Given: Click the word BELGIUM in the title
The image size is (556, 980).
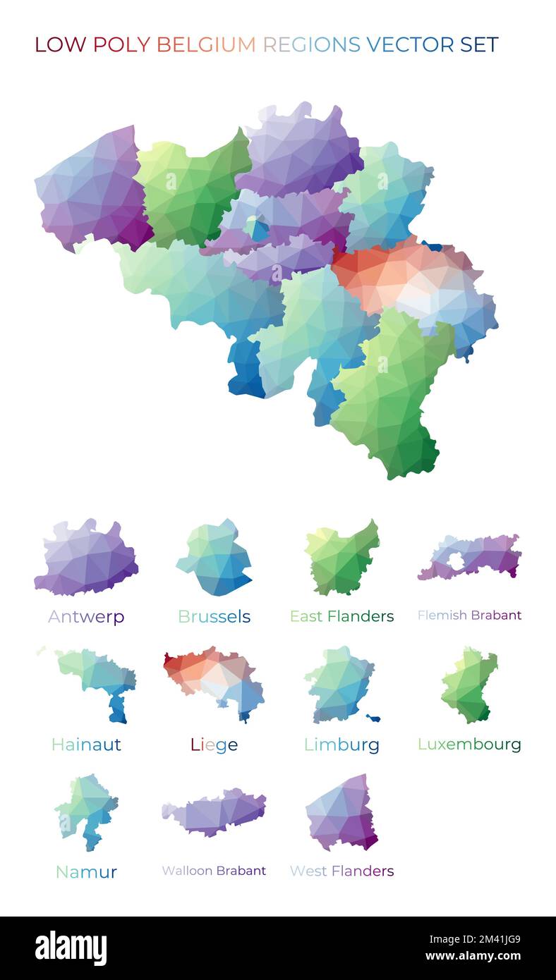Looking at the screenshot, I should pyautogui.click(x=205, y=44).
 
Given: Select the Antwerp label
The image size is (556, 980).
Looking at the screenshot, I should pyautogui.click(x=86, y=617).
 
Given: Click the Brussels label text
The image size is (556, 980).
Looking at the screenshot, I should pyautogui.click(x=214, y=617).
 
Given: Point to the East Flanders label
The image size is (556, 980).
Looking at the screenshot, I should pyautogui.click(x=342, y=616).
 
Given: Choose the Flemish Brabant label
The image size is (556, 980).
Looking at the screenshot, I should pyautogui.click(x=469, y=615).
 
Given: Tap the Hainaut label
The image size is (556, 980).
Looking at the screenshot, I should pyautogui.click(x=86, y=745).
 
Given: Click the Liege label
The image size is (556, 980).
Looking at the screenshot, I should pyautogui.click(x=214, y=745).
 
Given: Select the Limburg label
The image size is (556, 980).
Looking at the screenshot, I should pyautogui.click(x=342, y=745).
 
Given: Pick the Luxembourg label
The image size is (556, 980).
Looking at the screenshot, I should pyautogui.click(x=469, y=745).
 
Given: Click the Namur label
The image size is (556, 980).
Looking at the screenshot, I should pyautogui.click(x=86, y=872).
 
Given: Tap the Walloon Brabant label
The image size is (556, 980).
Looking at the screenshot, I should pyautogui.click(x=214, y=871).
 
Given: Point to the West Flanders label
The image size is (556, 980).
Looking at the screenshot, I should pyautogui.click(x=342, y=871).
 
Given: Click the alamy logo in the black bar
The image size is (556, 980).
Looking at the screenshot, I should pyautogui.click(x=71, y=948).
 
